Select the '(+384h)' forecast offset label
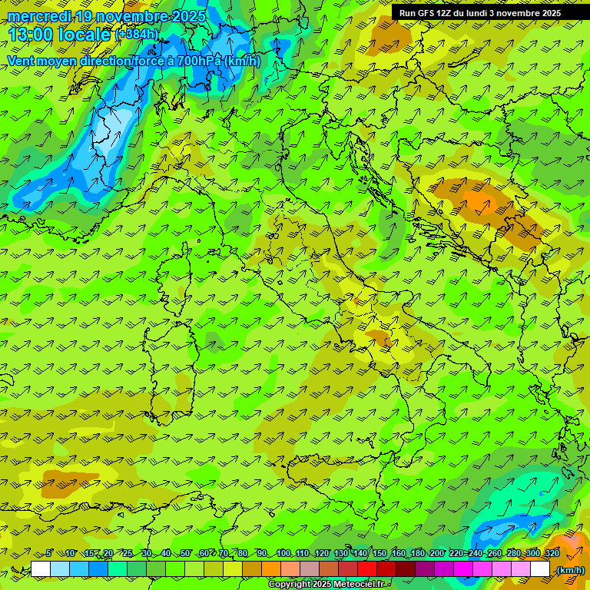tap(136, 35)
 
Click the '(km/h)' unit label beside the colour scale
tap(569, 569)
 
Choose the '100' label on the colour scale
tap(283, 553)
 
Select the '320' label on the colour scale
tap(552, 553)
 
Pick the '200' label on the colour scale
tap(436, 553)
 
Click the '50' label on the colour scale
tap(185, 553)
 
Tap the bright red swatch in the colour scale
tap(367, 569)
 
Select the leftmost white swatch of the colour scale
tap(41, 569)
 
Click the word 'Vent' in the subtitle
tap(22, 61)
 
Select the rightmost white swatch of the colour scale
tap(540, 569)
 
